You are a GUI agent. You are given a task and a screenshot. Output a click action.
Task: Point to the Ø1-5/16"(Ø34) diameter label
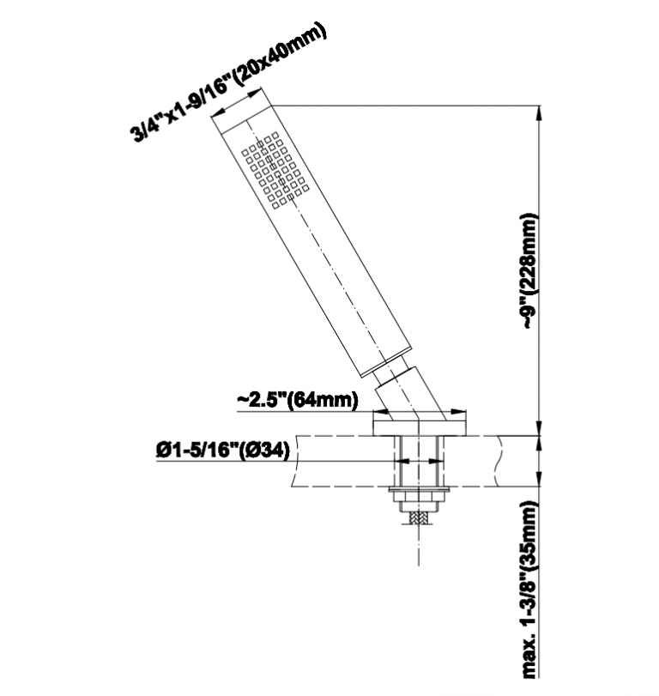[223, 451]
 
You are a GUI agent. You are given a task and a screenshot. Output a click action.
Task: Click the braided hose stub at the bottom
[419, 517]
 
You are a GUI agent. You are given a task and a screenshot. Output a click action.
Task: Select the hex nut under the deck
[419, 496]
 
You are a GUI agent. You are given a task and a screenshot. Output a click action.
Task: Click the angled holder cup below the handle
[409, 392]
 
